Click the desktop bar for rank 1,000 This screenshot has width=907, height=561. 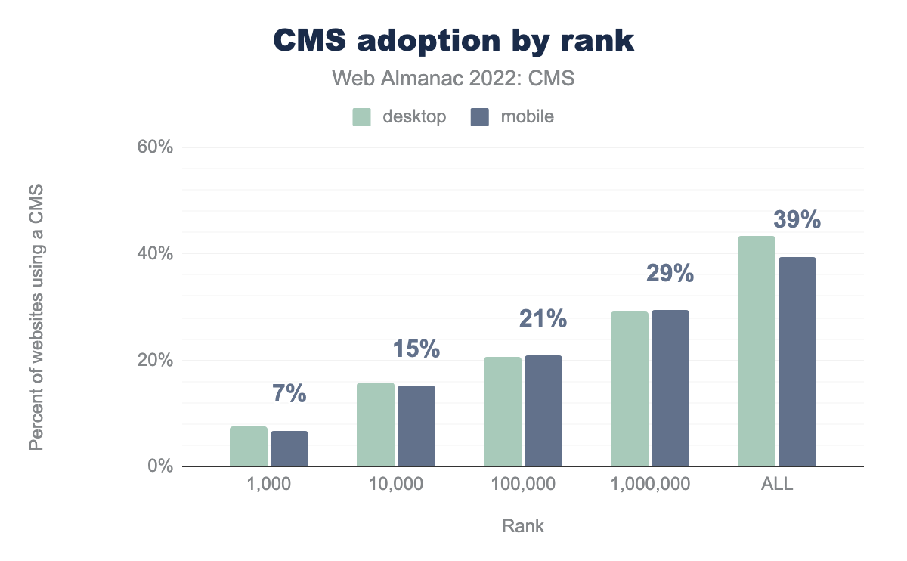point(249,447)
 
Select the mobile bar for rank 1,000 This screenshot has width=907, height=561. point(289,449)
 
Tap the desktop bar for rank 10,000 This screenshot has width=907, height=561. point(376,425)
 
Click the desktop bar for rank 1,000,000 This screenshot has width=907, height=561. point(630,389)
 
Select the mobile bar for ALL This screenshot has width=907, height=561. point(797,362)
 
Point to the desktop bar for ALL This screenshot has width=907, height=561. point(757,352)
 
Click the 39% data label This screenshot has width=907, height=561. point(797,220)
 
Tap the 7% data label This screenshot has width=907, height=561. point(289,394)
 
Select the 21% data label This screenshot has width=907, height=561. point(543,319)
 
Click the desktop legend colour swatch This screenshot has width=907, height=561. point(361,117)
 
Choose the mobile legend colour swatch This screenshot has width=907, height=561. point(480,117)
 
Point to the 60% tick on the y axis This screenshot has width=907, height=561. point(155,147)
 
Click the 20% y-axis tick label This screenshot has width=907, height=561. point(155,361)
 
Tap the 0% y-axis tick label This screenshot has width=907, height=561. point(159,466)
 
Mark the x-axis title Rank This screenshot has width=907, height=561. point(523,526)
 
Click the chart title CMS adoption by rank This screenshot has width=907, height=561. point(453,42)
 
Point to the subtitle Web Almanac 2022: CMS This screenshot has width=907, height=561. point(453,79)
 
